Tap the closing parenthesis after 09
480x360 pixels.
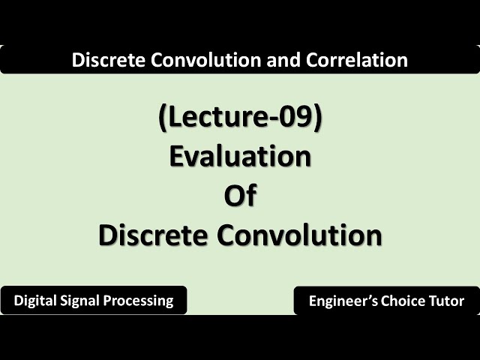coord(318,119)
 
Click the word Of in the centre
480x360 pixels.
coord(240,196)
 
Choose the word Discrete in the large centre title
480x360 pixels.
coord(152,235)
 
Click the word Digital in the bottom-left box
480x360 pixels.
coord(35,301)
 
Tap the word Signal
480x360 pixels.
coord(83,301)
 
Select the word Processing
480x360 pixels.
coord(142,301)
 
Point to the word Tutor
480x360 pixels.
coord(448,301)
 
